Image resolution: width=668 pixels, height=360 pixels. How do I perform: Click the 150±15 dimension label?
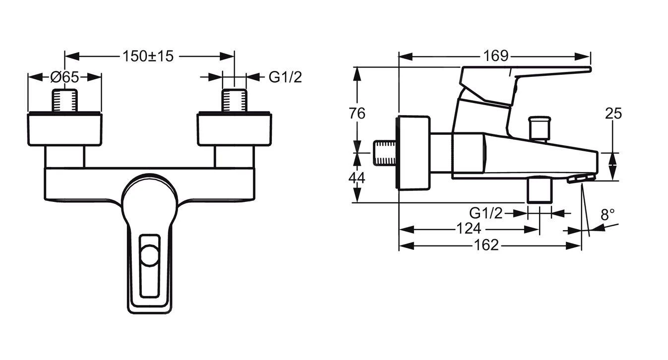coord(149,56)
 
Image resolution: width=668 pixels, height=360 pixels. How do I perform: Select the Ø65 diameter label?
coord(64,77)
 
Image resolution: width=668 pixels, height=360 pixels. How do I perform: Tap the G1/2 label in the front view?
coord(285,77)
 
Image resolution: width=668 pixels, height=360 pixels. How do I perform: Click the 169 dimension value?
coord(496,56)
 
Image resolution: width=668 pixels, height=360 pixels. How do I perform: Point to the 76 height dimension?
coord(356,114)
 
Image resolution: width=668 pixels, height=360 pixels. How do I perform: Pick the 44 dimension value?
coord(356,177)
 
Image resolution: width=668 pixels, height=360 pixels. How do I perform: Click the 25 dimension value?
coord(613,114)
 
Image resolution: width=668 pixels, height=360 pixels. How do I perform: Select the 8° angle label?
coord(607,215)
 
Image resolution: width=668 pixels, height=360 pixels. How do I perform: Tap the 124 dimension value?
coord(469,229)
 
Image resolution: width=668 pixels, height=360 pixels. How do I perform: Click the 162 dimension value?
coord(486,245)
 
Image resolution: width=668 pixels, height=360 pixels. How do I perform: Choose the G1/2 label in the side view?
coord(486,213)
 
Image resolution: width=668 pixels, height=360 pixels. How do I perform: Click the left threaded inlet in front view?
coord(65,101)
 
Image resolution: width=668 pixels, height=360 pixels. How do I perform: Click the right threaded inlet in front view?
coord(234,101)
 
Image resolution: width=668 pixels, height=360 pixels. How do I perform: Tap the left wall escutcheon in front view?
coord(65,129)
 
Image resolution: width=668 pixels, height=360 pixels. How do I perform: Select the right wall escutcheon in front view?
coord(234,129)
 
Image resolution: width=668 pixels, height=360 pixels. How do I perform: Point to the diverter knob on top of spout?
coord(540,128)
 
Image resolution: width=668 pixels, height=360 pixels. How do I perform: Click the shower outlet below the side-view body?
coord(540,190)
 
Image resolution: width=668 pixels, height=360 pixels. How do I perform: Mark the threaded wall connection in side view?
coord(385,153)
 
